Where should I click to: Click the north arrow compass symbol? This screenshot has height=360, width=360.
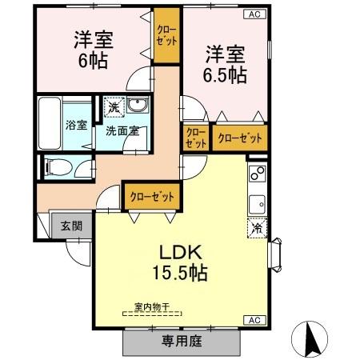[x=310, y=339]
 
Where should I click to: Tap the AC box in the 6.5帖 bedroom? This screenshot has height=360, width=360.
[x=254, y=14]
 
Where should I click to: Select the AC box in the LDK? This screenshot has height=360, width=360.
[x=254, y=320]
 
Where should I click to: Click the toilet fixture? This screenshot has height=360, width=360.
[x=58, y=167]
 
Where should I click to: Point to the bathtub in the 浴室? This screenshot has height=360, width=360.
[x=50, y=123]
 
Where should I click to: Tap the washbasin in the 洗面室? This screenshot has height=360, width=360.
[x=138, y=105]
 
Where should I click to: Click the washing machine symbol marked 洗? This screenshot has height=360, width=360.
[x=114, y=107]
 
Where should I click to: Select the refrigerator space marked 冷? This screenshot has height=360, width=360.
[x=258, y=227]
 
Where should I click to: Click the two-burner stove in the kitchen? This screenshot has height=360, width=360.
[x=258, y=173]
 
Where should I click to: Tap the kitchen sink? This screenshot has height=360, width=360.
[x=258, y=204]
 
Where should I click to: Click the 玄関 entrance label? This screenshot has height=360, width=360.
[x=71, y=226]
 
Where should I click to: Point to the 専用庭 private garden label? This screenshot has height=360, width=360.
[x=182, y=341]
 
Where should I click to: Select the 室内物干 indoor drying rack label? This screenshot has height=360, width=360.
[x=152, y=306]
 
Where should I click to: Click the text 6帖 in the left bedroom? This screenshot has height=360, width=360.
[x=93, y=61]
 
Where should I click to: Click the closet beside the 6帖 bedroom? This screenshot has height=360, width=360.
[x=166, y=35]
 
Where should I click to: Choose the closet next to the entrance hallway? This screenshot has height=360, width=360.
[x=152, y=197]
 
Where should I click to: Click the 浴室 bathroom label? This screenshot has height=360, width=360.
[x=77, y=125]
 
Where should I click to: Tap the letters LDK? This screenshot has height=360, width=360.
[x=181, y=253]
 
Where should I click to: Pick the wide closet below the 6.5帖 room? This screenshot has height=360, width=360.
[x=240, y=138]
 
